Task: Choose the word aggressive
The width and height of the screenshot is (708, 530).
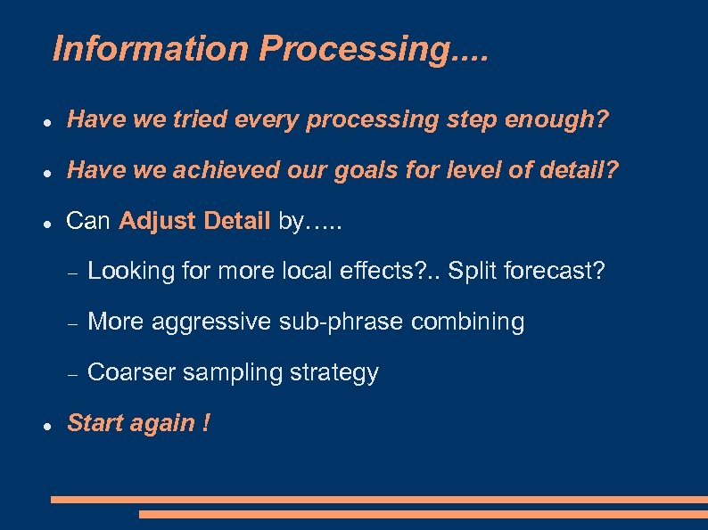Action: (x=210, y=322)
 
